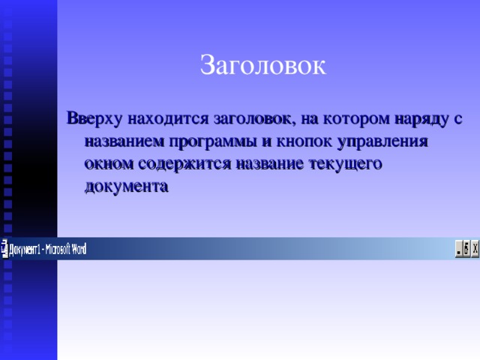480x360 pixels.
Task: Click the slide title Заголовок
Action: [262, 66]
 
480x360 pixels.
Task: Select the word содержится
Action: [178, 163]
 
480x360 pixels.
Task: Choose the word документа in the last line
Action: [127, 186]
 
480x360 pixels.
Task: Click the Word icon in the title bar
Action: [4, 248]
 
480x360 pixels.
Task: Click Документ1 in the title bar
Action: [26, 249]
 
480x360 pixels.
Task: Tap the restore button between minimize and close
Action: [466, 249]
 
